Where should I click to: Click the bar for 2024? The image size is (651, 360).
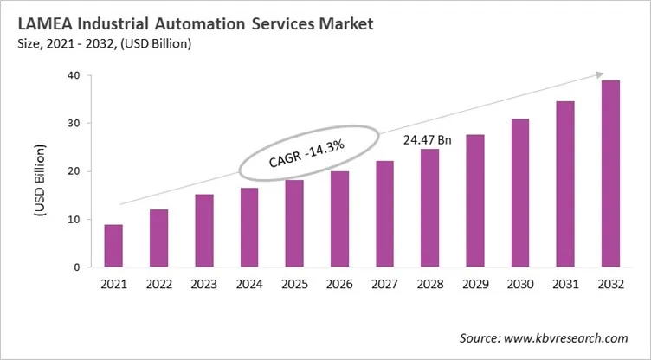click(x=248, y=228)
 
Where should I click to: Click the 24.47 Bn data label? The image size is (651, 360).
click(x=429, y=138)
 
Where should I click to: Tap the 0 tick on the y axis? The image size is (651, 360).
click(x=77, y=267)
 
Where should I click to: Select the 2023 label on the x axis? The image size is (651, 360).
click(x=203, y=284)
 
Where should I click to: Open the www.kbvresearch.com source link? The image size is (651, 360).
click(x=571, y=337)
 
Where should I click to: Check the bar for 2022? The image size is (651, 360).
click(x=158, y=238)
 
